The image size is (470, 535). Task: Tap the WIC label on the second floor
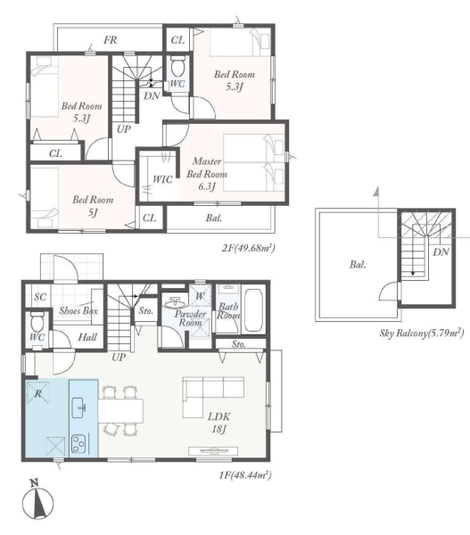(x=162, y=179)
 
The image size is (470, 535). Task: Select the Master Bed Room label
(x=207, y=174)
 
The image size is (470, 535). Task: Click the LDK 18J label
(x=219, y=423)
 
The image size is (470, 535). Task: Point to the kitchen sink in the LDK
(x=79, y=407)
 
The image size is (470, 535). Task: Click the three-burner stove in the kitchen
(x=78, y=442)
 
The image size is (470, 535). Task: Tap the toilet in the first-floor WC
(x=36, y=322)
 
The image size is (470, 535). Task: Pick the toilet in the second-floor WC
(x=177, y=67)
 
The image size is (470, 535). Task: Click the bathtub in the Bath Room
(x=253, y=311)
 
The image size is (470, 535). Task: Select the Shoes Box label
(x=78, y=310)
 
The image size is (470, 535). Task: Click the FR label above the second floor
(x=111, y=40)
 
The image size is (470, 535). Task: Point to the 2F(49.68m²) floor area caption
(x=248, y=247)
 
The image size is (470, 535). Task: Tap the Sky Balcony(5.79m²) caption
(x=422, y=333)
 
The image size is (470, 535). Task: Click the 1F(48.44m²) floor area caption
(x=245, y=474)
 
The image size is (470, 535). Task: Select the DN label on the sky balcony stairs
(x=441, y=252)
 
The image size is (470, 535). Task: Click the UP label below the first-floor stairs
(x=119, y=358)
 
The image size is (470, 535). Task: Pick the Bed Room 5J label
(x=93, y=206)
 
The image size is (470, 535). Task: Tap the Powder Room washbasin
(x=175, y=302)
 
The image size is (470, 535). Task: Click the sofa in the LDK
(x=213, y=397)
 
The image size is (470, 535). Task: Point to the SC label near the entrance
(x=40, y=297)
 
